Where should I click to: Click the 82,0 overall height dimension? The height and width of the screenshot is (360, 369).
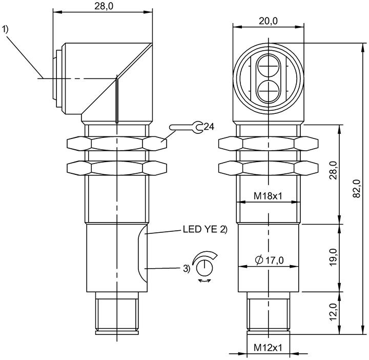pyautogui.click(x=357, y=188)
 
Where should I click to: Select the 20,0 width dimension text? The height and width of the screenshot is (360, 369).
pyautogui.click(x=268, y=21)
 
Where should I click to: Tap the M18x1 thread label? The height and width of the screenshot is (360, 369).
pyautogui.click(x=268, y=196)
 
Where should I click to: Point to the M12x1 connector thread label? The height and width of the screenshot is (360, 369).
pyautogui.click(x=268, y=348)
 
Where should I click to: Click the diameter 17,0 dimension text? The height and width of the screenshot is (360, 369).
pyautogui.click(x=269, y=260)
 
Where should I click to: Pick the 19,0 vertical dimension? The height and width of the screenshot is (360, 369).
pyautogui.click(x=333, y=257)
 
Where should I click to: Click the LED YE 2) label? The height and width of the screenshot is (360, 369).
pyautogui.click(x=205, y=229)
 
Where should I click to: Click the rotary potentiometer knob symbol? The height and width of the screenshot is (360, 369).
pyautogui.click(x=204, y=268)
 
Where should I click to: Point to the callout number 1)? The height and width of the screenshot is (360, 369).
pyautogui.click(x=5, y=29)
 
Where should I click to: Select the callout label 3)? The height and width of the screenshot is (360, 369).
pyautogui.click(x=187, y=268)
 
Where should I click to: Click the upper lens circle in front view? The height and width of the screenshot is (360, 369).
pyautogui.click(x=268, y=66)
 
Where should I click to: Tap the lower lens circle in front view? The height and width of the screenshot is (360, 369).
pyautogui.click(x=268, y=91)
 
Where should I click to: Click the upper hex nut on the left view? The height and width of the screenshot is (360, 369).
pyautogui.click(x=117, y=143)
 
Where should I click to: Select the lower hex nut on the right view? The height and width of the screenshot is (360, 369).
pyautogui.click(x=268, y=168)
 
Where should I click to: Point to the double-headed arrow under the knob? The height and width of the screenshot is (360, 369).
pyautogui.click(x=204, y=281)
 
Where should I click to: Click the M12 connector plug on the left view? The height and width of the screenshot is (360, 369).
pyautogui.click(x=117, y=313)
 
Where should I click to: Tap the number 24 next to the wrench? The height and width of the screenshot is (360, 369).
pyautogui.click(x=209, y=127)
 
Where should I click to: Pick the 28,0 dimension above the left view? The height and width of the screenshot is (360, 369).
pyautogui.click(x=104, y=6)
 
